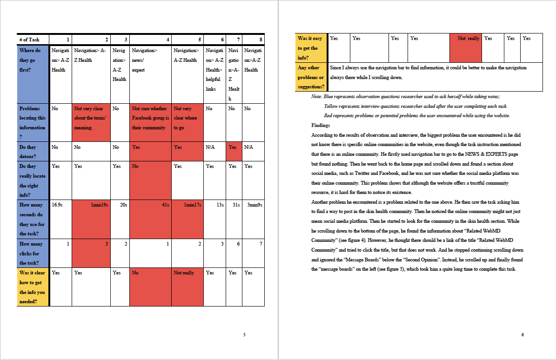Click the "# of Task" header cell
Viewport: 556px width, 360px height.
33,40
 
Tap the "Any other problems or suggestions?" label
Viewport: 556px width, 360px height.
311,77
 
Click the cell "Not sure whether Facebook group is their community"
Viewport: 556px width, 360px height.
150,118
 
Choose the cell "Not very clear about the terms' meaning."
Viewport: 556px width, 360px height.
91,118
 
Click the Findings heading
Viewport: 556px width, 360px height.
321,125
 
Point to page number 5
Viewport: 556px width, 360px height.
245,334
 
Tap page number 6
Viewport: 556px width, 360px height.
523,334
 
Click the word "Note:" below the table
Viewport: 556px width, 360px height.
317,97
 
